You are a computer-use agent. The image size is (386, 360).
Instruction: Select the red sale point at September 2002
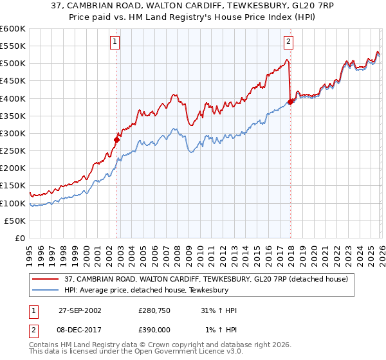[x=117, y=139]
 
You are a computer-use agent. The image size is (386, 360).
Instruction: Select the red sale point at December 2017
[x=290, y=101]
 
